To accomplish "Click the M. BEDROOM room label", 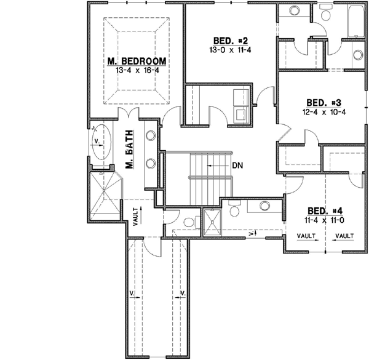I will [137, 61].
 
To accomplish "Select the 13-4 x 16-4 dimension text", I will [137, 71].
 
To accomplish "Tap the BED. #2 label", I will [228, 41].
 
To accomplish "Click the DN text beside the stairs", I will [240, 166].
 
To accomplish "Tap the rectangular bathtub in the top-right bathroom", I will [357, 22].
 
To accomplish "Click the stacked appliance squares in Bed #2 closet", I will [240, 104].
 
